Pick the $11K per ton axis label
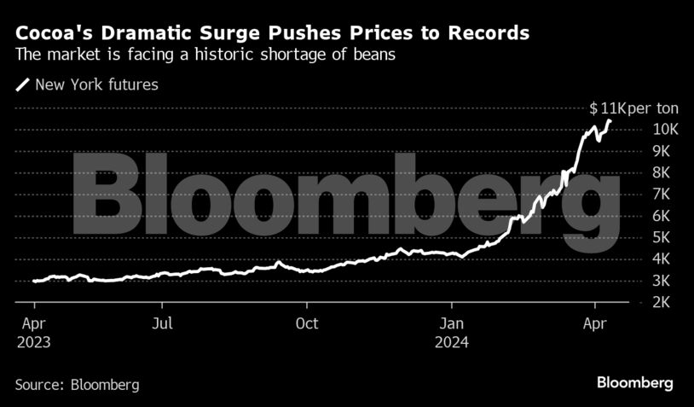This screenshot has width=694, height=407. click(632, 108)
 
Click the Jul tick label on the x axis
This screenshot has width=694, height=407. click(163, 324)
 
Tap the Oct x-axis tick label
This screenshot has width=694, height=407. click(307, 324)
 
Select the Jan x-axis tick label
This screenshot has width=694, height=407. click(452, 324)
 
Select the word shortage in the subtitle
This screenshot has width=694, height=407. click(291, 55)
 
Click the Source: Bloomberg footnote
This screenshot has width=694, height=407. click(77, 385)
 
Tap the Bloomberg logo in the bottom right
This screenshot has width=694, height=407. click(635, 382)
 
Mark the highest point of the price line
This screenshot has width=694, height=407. click(609, 120)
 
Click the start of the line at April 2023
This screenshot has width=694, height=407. click(34, 281)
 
